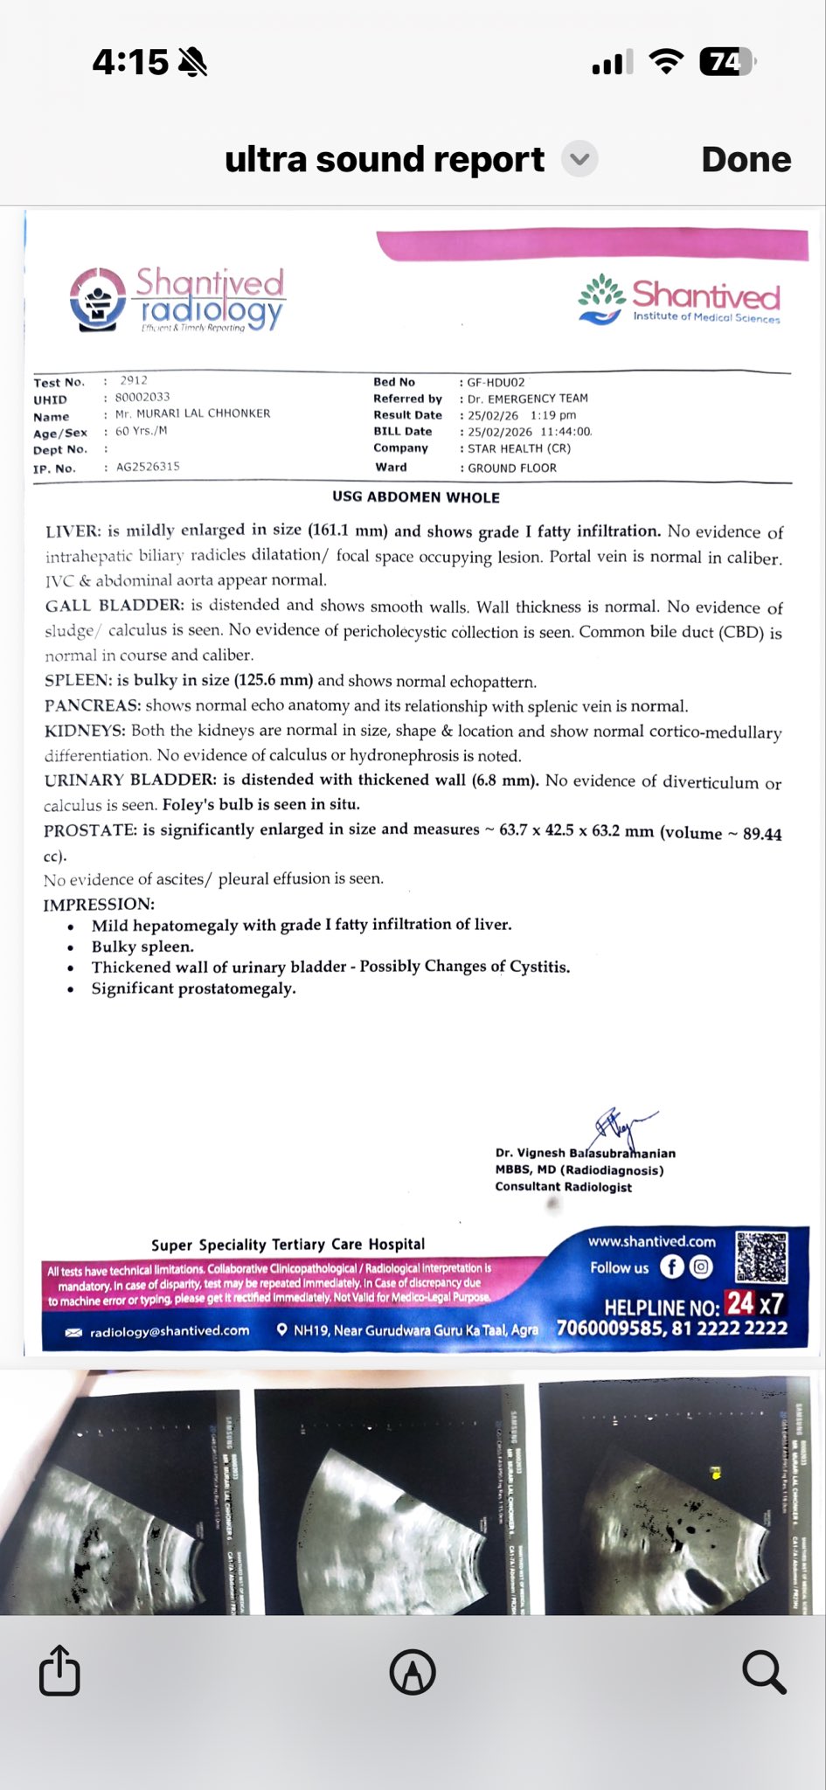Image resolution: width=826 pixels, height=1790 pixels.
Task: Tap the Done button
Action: tap(746, 159)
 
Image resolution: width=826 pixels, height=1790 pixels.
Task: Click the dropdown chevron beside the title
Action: tap(579, 159)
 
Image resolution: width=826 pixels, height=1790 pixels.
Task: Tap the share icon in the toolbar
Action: tap(59, 1670)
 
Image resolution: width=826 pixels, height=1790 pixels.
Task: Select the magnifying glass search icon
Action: tap(763, 1671)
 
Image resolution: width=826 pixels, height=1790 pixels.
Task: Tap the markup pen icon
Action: tap(413, 1671)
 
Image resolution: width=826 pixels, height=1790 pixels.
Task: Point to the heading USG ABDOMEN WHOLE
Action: tap(416, 497)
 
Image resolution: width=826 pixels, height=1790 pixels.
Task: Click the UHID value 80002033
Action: tap(142, 397)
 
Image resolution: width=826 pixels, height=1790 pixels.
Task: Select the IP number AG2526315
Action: tap(148, 467)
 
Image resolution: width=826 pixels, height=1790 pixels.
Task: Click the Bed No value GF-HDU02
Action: tap(496, 382)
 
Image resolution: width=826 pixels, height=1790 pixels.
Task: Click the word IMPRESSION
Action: tap(99, 904)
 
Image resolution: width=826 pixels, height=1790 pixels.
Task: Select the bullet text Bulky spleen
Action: tap(142, 947)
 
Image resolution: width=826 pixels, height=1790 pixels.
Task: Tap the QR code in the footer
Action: tap(761, 1257)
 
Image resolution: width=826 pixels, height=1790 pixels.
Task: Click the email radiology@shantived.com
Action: tap(169, 1330)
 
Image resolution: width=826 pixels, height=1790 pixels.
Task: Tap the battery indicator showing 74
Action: tap(726, 62)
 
